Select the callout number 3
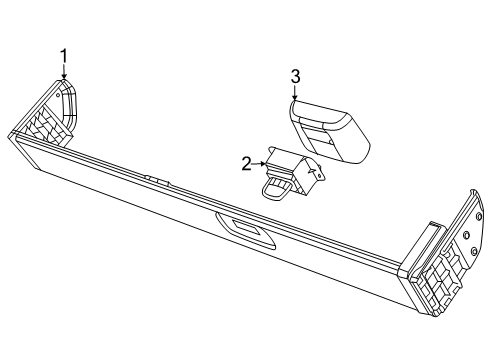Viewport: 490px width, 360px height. (x=295, y=75)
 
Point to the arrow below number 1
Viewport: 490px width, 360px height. (x=64, y=74)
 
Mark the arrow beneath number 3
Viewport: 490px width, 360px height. (x=295, y=95)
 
